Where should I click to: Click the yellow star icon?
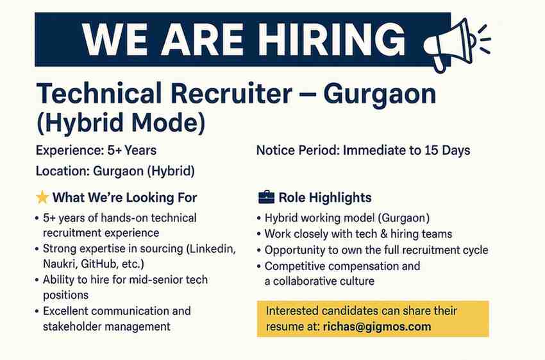coord(42,198)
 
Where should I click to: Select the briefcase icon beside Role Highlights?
coord(265,198)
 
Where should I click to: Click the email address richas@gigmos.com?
coord(377,327)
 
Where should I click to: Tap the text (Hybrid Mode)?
coord(122,122)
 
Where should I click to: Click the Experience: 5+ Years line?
coord(96,151)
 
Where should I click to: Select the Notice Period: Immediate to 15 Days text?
coord(363,151)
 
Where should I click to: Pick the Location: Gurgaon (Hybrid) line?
coord(115,171)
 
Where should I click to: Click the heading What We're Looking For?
coord(125,198)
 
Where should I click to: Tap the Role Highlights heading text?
coord(325,198)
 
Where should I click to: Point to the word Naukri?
coord(60,264)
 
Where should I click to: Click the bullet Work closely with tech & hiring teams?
coord(358,234)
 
